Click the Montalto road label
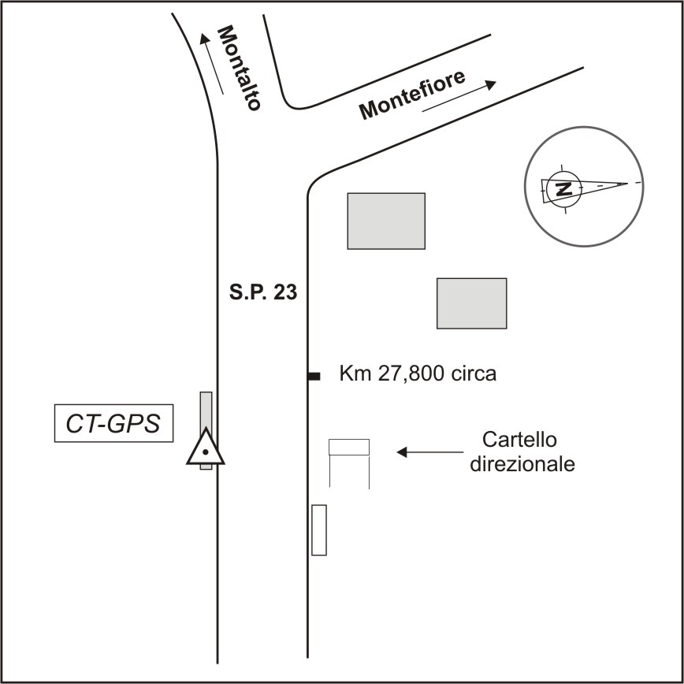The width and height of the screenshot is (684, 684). [239, 68]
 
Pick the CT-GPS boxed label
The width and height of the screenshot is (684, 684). [113, 424]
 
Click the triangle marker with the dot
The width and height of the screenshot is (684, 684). [206, 450]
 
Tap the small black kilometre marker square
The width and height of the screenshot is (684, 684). [314, 377]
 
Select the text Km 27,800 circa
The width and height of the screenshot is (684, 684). [418, 374]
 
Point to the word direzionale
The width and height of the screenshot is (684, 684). [522, 464]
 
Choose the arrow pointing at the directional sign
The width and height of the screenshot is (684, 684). [429, 452]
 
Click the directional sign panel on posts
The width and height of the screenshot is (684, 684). [349, 447]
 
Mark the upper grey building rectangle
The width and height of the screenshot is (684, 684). [386, 221]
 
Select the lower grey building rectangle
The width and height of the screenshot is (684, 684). [471, 303]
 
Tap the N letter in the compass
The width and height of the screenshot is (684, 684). [563, 188]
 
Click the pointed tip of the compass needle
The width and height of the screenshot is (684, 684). [628, 184]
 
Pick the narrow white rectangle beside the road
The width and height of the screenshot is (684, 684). [318, 530]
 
